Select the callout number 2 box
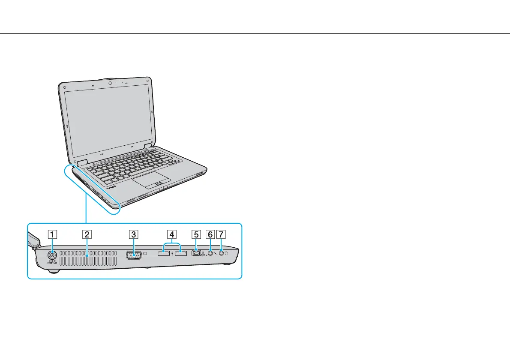(87, 234)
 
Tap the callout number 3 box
(134, 234)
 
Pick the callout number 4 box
(171, 234)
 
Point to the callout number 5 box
(196, 234)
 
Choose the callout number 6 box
(210, 234)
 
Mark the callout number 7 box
(221, 234)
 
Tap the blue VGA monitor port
(134, 255)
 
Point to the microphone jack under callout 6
(210, 254)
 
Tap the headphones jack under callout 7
(222, 253)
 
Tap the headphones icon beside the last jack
(227, 253)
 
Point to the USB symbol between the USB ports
(172, 254)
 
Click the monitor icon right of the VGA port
(146, 253)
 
